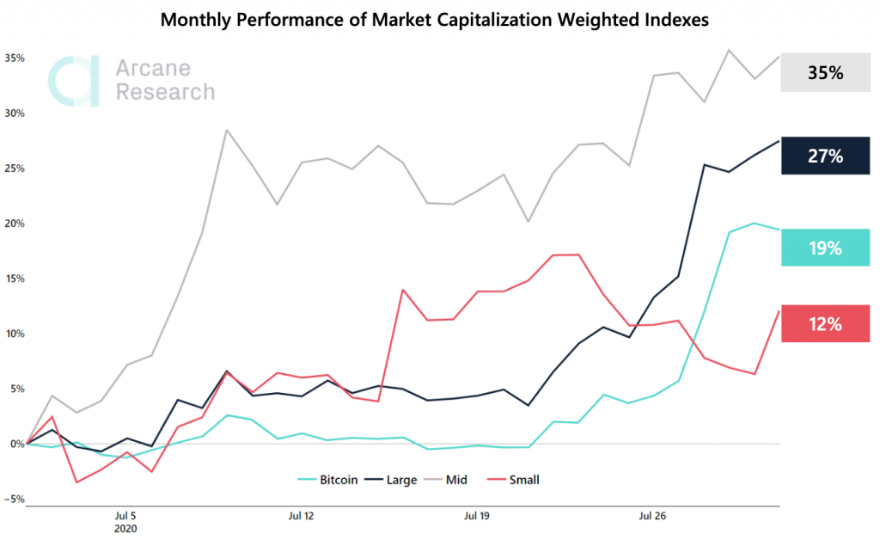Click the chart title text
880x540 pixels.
tap(435, 21)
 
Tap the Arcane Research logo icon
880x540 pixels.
tap(76, 81)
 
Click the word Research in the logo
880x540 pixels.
tap(165, 92)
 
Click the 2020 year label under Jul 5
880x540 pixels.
tap(125, 530)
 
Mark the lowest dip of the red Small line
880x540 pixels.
tap(76, 482)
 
